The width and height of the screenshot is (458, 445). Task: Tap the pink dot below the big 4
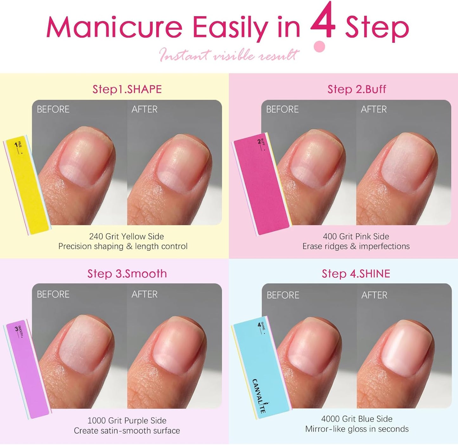(x=319, y=47)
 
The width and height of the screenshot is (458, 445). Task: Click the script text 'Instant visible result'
(x=229, y=55)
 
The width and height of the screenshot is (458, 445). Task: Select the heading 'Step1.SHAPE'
(x=127, y=89)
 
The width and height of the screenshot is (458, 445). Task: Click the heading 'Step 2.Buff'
(x=357, y=89)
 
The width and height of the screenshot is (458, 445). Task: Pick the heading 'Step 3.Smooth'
(x=127, y=274)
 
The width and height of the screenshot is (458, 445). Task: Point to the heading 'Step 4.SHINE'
(x=356, y=274)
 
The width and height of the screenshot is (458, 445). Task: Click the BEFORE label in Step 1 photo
(x=53, y=109)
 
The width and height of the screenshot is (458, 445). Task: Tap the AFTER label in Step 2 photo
(x=374, y=109)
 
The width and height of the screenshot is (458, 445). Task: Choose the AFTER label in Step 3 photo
(x=145, y=294)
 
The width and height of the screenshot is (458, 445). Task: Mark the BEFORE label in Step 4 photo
(x=283, y=295)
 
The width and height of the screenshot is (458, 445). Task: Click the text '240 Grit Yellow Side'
(x=126, y=236)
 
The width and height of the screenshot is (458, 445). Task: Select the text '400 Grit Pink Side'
(x=356, y=236)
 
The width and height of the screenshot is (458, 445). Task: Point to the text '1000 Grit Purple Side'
(x=127, y=421)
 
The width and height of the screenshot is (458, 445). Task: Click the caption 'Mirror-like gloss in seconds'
(x=357, y=429)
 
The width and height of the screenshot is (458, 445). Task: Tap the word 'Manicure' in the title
(x=114, y=27)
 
